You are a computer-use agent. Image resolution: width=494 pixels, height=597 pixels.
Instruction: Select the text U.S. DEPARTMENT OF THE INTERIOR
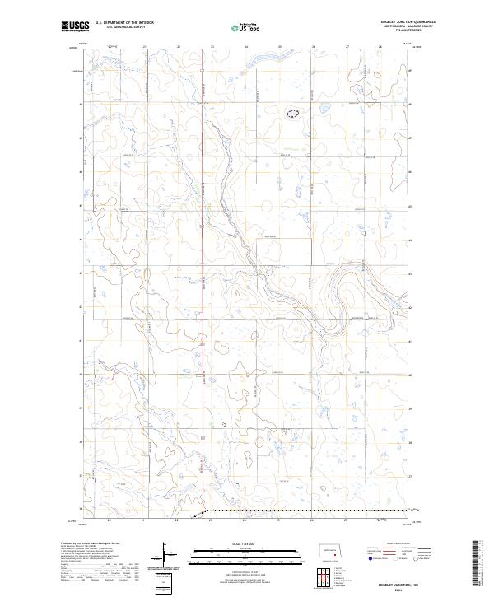pos(124,23)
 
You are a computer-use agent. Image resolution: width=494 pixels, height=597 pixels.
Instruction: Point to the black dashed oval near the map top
pos(292,113)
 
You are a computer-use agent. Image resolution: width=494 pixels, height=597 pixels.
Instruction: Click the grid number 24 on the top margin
pos(246,47)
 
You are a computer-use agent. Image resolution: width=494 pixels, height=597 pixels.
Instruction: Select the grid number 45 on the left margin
pos(80,206)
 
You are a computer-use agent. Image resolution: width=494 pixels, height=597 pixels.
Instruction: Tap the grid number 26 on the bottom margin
pos(314,520)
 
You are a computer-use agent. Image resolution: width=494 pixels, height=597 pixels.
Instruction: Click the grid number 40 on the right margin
pos(412,375)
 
